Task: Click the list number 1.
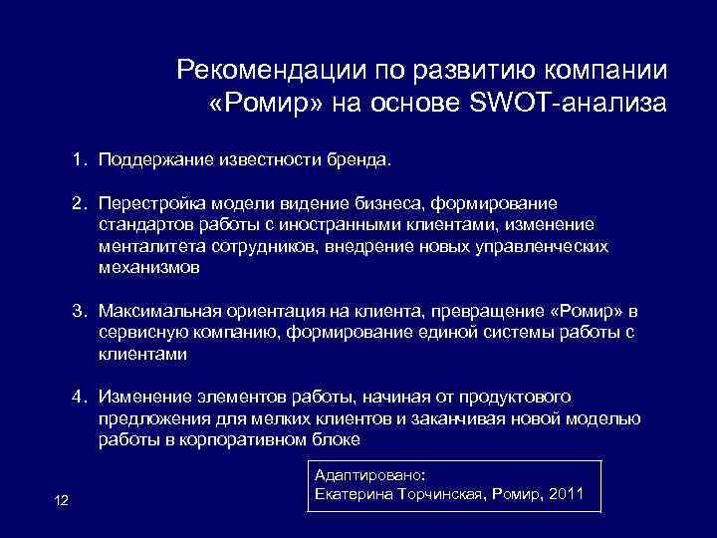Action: coord(77,159)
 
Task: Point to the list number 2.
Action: coord(77,204)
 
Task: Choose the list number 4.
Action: coord(77,397)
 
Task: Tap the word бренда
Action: coord(368,159)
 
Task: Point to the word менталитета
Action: coord(147,246)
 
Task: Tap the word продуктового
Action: coord(513,397)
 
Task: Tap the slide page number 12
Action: coord(61,499)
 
